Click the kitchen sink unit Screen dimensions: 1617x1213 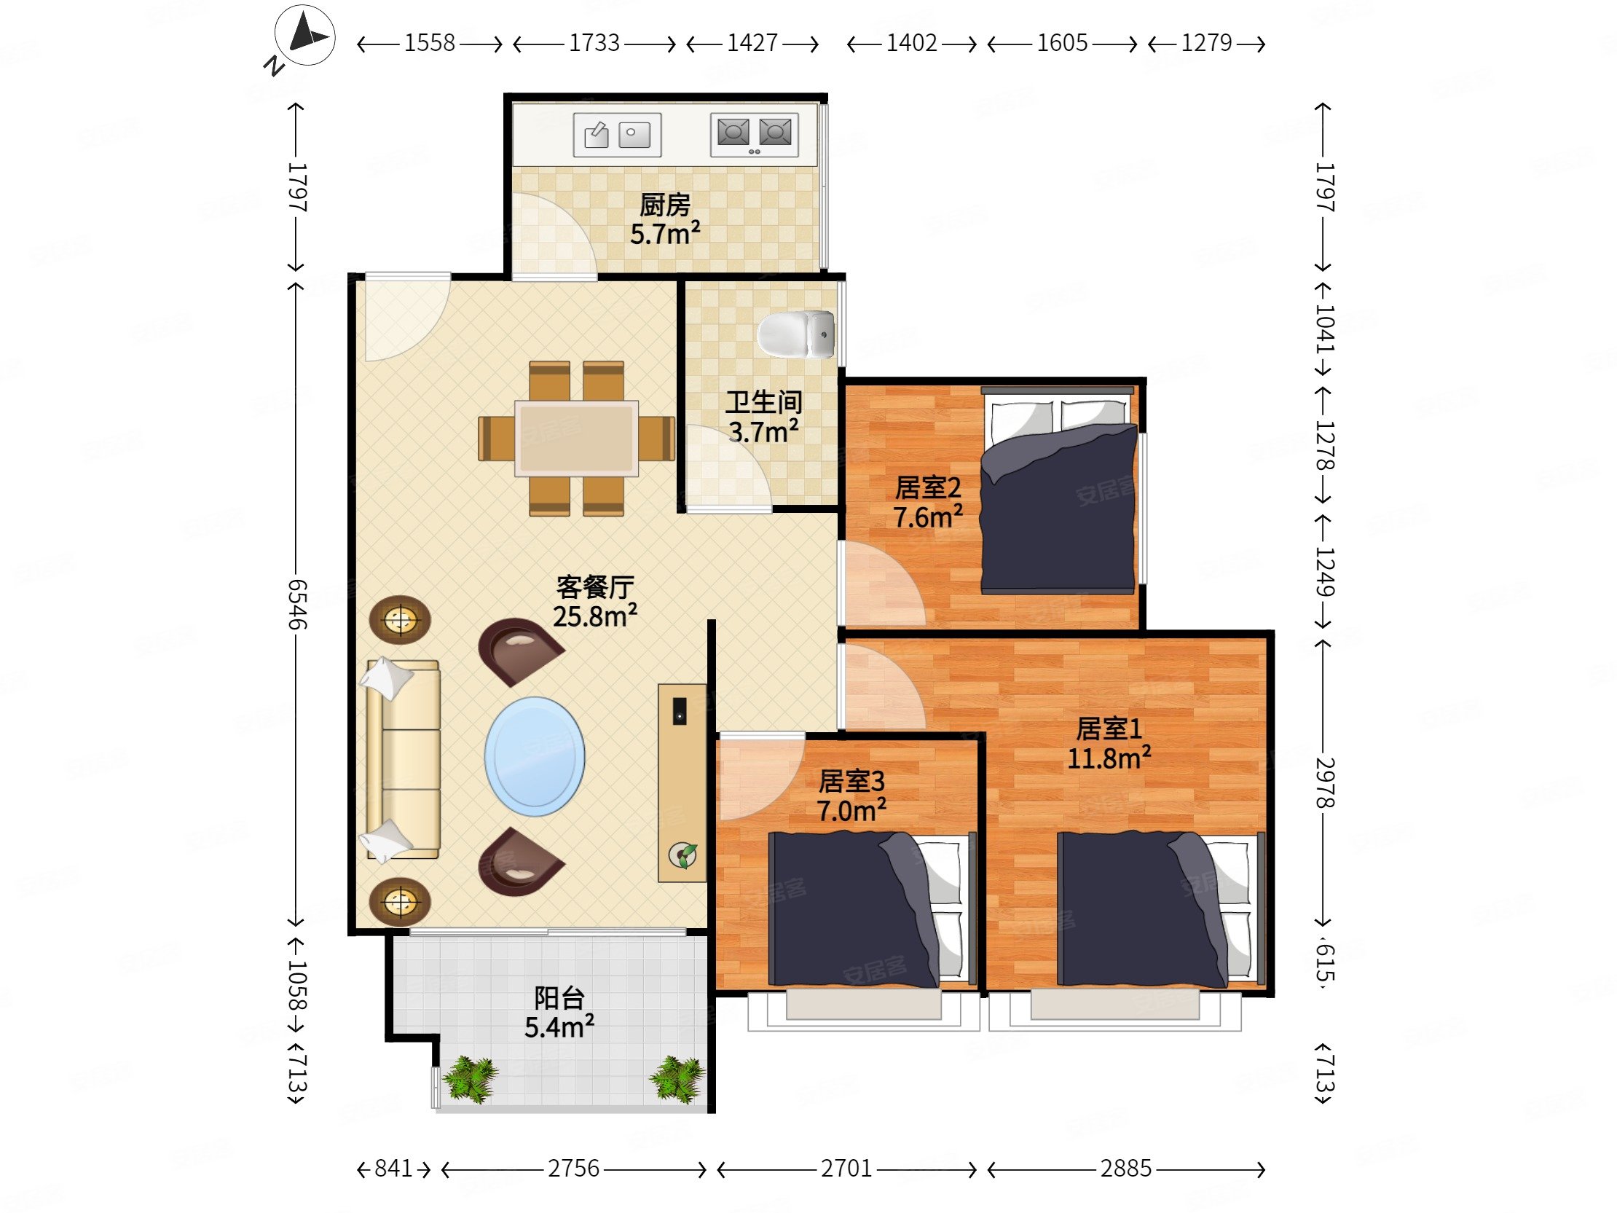pyautogui.click(x=617, y=136)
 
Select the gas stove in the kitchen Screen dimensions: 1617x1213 pyautogui.click(x=755, y=135)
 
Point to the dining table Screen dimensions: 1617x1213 pyautogui.click(x=576, y=438)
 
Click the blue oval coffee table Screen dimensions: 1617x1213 pyautogui.click(x=535, y=756)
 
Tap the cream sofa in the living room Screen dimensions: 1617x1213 pyautogui.click(x=402, y=759)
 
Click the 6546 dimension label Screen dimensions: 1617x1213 pyautogui.click(x=296, y=604)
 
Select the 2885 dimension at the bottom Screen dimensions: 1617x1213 pyautogui.click(x=1126, y=1169)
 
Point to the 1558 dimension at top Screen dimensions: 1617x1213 pyautogui.click(x=429, y=43)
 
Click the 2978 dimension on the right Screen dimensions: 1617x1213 pyautogui.click(x=1326, y=783)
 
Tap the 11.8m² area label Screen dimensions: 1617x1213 pyautogui.click(x=1109, y=758)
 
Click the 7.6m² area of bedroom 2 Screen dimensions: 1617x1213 pyautogui.click(x=928, y=517)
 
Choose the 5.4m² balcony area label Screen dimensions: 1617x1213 pyautogui.click(x=559, y=1027)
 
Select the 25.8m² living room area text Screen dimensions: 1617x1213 pyautogui.click(x=594, y=616)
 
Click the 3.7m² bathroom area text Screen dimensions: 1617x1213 pyautogui.click(x=763, y=432)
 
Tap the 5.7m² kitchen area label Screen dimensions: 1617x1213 pyautogui.click(x=664, y=234)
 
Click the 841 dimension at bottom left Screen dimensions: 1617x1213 pyautogui.click(x=393, y=1169)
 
